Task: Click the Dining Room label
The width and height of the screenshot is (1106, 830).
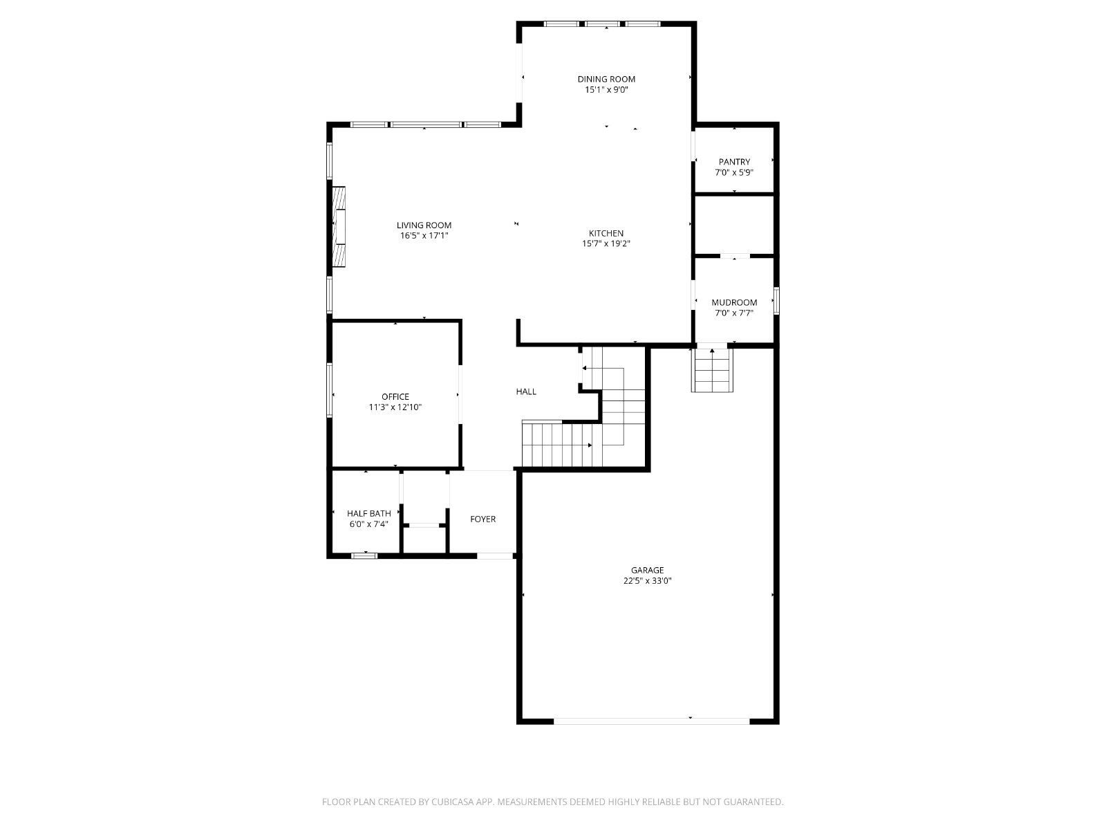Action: click(606, 79)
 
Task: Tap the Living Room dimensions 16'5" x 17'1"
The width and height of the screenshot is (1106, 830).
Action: click(424, 235)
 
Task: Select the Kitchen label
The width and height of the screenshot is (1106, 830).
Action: click(606, 233)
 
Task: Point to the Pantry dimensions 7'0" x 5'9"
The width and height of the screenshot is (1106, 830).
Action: click(734, 172)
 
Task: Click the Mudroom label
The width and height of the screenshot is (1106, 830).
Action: click(734, 302)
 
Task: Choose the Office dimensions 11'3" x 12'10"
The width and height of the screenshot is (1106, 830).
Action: click(395, 407)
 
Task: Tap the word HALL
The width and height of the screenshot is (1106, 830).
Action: click(526, 391)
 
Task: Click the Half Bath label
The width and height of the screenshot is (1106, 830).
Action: click(369, 513)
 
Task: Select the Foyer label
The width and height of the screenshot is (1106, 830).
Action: click(482, 519)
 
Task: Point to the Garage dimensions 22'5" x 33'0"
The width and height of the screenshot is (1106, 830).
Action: click(648, 580)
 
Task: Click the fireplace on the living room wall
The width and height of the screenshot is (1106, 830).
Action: click(339, 227)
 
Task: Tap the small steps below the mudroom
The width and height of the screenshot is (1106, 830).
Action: click(712, 370)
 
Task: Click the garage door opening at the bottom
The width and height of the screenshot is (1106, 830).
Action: click(652, 721)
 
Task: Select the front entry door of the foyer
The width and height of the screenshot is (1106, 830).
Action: click(495, 556)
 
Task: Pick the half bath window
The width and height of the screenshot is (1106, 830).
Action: click(364, 556)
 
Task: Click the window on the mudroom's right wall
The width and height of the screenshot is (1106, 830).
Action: click(776, 301)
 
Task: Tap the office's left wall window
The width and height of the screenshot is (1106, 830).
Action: click(330, 391)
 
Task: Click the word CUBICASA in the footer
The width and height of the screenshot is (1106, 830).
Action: click(453, 802)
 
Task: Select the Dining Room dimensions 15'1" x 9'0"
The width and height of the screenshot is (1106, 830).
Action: click(606, 90)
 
